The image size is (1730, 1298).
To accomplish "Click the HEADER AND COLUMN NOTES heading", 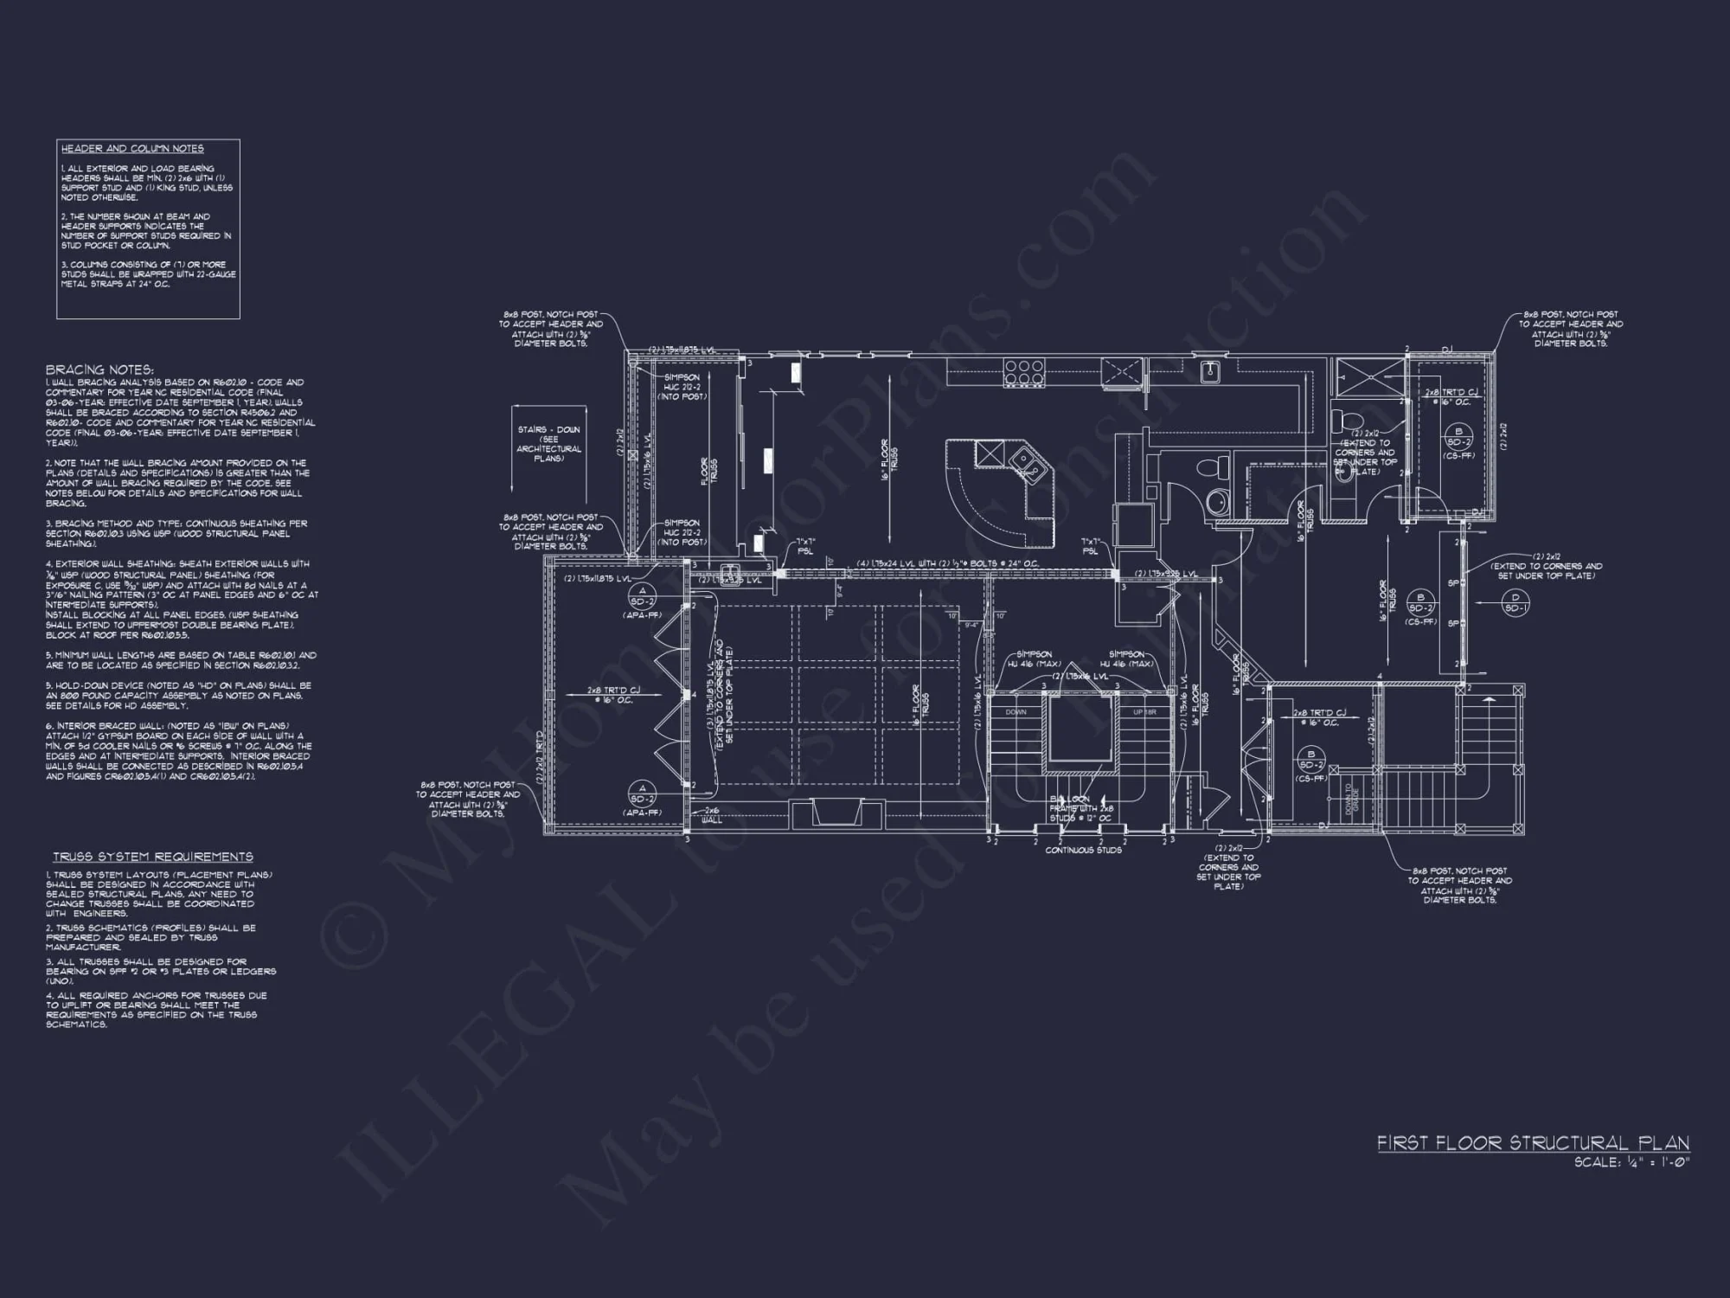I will (132, 149).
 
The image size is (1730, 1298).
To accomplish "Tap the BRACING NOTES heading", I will (99, 369).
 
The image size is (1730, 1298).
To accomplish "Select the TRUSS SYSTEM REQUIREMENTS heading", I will (153, 857).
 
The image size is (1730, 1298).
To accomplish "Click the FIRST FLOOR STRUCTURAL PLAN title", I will (1533, 1143).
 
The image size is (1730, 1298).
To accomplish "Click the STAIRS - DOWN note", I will (549, 444).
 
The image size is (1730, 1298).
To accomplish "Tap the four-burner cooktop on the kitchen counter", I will (1024, 371).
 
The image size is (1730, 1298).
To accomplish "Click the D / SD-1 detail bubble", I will (1515, 602).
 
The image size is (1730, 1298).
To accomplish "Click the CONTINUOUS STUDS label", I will (1083, 850).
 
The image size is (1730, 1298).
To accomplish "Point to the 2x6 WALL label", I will (711, 814).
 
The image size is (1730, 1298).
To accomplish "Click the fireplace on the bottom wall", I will (836, 813).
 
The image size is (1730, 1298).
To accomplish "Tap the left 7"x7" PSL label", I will (804, 546).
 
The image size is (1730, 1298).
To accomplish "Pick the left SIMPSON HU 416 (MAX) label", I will (1034, 659).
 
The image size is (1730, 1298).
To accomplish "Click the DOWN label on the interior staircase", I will (1016, 712).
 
